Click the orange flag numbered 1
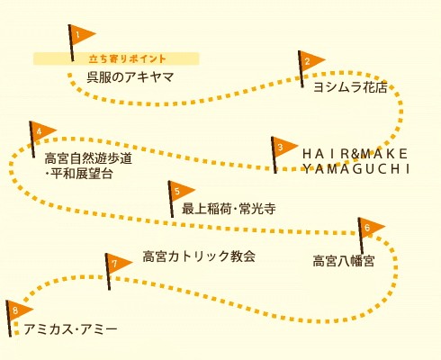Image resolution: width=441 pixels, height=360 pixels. pos(82,35)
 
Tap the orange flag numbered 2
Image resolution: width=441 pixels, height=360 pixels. pos(311,61)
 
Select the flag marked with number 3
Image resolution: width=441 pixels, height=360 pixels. pos(284,147)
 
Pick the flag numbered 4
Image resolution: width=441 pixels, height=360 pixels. pos(42,131)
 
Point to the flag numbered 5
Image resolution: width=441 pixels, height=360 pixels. pos(181,191)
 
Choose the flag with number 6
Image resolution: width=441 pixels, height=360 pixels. pos(371,228)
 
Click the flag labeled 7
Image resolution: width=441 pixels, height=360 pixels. pos(118,264)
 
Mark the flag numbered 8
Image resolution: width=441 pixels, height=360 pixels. pos(19,310)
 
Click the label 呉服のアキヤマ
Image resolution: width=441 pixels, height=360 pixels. pos(130,77)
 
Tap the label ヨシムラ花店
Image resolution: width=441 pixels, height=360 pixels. pos(350,87)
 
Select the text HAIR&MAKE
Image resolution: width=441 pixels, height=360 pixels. pos(355,154)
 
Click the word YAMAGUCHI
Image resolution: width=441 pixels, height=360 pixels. pos(356,169)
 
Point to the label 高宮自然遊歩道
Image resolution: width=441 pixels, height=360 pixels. pos(88,158)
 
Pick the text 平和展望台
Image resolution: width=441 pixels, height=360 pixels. pos(82,174)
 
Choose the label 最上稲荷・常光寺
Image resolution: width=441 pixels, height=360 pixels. pos(229,209)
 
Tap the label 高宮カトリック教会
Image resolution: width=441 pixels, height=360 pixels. pos(199,256)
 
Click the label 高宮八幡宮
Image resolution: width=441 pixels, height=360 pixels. pos(344,261)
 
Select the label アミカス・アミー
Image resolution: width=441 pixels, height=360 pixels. pos(70,329)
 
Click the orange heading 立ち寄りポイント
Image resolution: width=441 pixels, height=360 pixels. pos(127,58)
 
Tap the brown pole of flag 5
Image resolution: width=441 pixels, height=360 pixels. pos(171,199)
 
